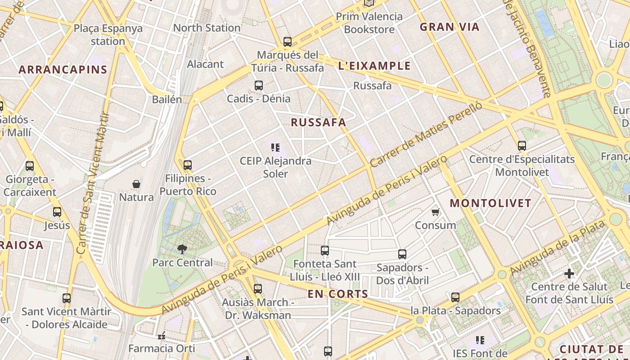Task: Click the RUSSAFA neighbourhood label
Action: click(318, 122)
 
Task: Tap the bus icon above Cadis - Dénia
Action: click(258, 85)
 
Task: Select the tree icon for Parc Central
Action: click(182, 249)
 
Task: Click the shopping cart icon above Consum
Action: click(435, 212)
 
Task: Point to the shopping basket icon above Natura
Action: click(136, 184)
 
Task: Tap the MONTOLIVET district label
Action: click(490, 203)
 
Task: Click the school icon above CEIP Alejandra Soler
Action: click(275, 147)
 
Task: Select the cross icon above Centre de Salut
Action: click(569, 273)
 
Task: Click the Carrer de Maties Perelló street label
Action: click(426, 134)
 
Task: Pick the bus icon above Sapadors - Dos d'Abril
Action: click(402, 254)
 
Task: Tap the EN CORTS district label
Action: click(338, 294)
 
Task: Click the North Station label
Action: click(207, 28)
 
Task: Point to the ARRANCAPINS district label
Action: click(63, 70)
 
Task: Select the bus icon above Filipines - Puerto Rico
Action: click(188, 165)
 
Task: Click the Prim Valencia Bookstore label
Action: click(369, 23)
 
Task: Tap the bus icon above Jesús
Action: click(57, 212)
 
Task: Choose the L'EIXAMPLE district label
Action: click(374, 66)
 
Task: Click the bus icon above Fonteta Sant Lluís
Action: click(325, 251)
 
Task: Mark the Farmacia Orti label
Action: click(162, 349)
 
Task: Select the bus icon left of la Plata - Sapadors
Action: click(455, 297)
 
